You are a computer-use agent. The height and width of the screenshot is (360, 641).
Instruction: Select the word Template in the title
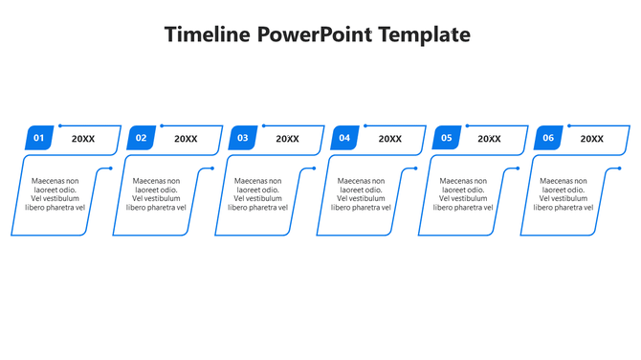pyautogui.click(x=424, y=35)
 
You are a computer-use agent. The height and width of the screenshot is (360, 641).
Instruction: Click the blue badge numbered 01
pyautogui.click(x=39, y=139)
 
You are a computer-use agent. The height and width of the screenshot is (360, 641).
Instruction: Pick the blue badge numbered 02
pyautogui.click(x=142, y=139)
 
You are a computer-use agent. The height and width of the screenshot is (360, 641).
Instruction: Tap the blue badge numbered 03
pyautogui.click(x=243, y=139)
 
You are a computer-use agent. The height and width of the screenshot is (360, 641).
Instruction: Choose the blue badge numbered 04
pyautogui.click(x=344, y=139)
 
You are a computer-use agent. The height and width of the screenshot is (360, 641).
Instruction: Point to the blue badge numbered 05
pyautogui.click(x=446, y=139)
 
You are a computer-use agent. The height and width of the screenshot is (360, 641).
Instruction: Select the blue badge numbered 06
pyautogui.click(x=548, y=139)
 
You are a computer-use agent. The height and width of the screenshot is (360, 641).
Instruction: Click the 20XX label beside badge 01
pyautogui.click(x=83, y=140)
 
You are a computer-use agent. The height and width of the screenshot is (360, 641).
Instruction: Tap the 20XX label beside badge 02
pyautogui.click(x=186, y=140)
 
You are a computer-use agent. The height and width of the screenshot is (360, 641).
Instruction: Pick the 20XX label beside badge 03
pyautogui.click(x=287, y=140)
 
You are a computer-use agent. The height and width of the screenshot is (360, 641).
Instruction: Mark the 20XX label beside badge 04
pyautogui.click(x=389, y=140)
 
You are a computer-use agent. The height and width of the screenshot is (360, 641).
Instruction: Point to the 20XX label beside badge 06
pyautogui.click(x=592, y=140)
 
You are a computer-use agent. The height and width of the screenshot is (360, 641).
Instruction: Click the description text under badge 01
pyautogui.click(x=55, y=193)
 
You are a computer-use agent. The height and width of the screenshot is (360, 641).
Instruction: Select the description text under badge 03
pyautogui.click(x=257, y=193)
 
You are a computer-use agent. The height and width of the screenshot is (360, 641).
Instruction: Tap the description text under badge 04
pyautogui.click(x=361, y=193)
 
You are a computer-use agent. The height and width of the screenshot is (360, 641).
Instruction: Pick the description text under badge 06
pyautogui.click(x=564, y=193)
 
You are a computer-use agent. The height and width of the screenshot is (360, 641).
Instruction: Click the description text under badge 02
pyautogui.click(x=156, y=193)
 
